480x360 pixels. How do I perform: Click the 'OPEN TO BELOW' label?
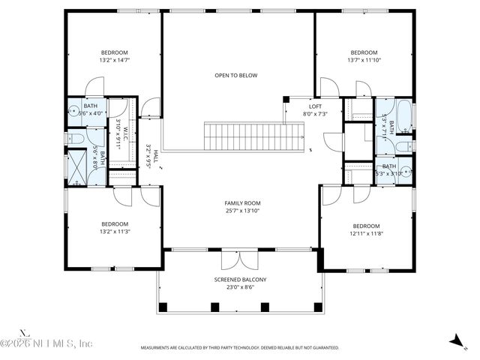point(236,76)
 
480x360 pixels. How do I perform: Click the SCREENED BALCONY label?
point(240,280)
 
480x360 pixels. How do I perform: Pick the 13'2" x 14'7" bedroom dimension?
point(115,60)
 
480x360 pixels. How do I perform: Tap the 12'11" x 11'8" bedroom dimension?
point(366,233)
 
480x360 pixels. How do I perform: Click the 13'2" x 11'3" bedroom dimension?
point(115,231)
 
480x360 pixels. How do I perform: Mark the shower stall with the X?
point(77,167)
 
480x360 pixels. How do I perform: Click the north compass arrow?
point(455,341)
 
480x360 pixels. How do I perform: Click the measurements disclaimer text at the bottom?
point(240,348)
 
